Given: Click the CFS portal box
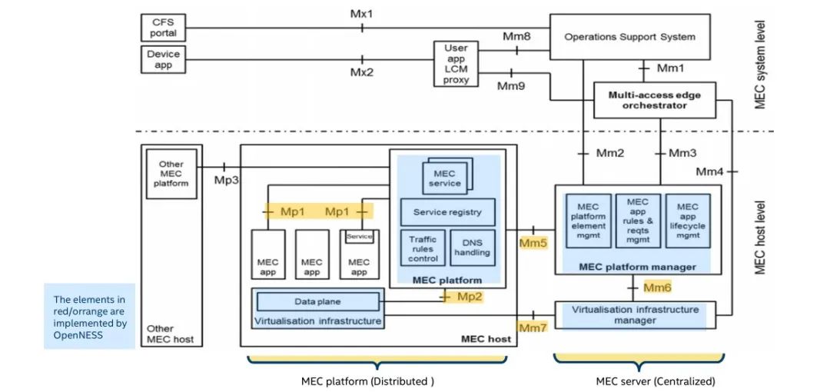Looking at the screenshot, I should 163,28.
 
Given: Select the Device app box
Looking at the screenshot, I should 163,59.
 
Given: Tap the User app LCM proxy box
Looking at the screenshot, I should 456,64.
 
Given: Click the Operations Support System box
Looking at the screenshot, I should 629,36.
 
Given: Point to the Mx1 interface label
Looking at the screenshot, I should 362,14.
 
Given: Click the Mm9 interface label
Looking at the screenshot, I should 511,86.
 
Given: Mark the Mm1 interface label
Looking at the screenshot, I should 670,69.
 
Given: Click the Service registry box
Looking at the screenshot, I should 447,212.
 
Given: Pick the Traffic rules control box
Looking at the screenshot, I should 422,248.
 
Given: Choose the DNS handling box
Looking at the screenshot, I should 471,248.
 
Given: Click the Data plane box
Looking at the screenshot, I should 317,301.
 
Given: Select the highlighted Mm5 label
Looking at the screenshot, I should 533,244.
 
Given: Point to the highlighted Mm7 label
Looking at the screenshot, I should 533,328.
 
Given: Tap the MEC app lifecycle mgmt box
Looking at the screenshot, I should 688,221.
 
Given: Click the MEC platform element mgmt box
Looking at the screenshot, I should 588,221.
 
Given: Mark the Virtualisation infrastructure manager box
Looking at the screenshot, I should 635,314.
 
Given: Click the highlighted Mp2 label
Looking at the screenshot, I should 470,296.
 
